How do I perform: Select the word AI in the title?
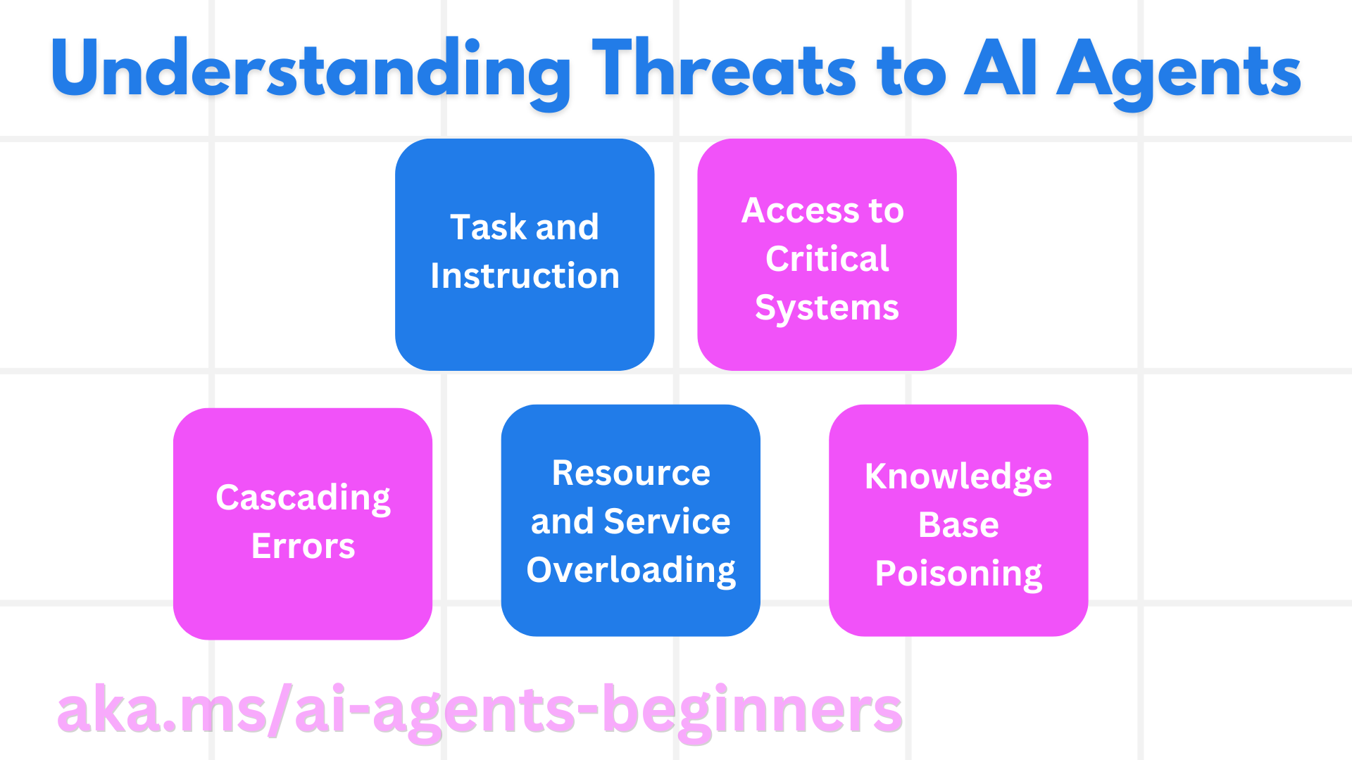coord(1000,69)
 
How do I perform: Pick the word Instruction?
coord(525,276)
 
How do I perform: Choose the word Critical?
coord(827,259)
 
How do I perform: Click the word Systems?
coord(827,308)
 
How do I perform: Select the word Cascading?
coord(303,498)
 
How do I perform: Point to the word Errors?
coord(303,547)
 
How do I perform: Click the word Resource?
coord(631,473)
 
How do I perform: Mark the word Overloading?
coord(631,570)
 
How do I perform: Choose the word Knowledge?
coord(958,476)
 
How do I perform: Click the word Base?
coord(958,525)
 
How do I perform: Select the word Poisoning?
coord(958,574)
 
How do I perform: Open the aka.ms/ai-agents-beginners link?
coord(479,711)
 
